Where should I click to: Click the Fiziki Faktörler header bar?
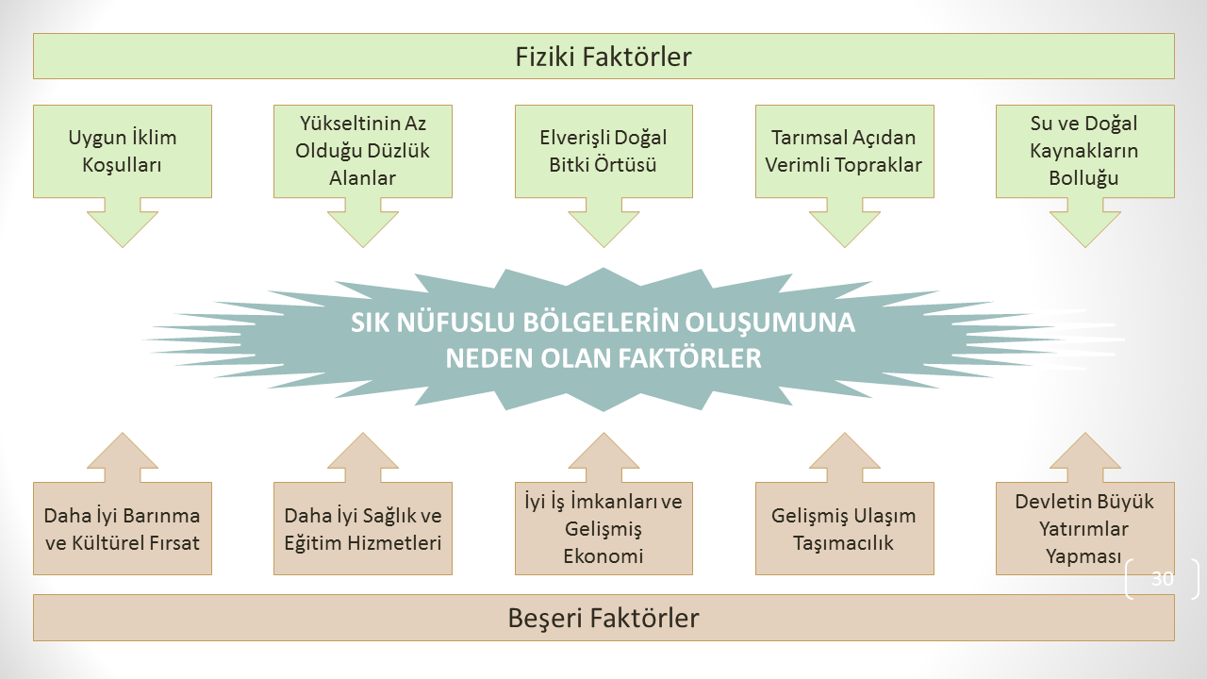(603, 56)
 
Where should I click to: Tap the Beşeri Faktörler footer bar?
(603, 618)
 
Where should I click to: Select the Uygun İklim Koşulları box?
(123, 152)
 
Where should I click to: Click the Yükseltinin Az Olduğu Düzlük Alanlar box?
(363, 152)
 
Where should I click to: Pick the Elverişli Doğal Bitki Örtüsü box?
(603, 152)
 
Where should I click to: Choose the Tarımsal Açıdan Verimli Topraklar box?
(844, 152)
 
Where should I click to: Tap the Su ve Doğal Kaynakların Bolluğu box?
(1084, 152)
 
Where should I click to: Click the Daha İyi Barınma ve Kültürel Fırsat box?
(123, 529)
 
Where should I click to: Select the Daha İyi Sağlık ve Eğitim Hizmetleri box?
(363, 529)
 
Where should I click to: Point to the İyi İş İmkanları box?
(603, 529)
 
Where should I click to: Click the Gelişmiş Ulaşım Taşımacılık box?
(844, 529)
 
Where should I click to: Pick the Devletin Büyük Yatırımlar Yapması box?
(1084, 529)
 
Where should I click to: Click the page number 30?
(1163, 578)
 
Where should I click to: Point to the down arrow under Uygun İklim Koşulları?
(123, 223)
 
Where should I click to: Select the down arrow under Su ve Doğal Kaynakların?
(1084, 223)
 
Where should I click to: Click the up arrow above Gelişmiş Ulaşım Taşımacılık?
(844, 457)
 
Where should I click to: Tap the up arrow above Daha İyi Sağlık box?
(363, 457)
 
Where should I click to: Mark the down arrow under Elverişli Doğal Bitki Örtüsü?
(603, 223)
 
